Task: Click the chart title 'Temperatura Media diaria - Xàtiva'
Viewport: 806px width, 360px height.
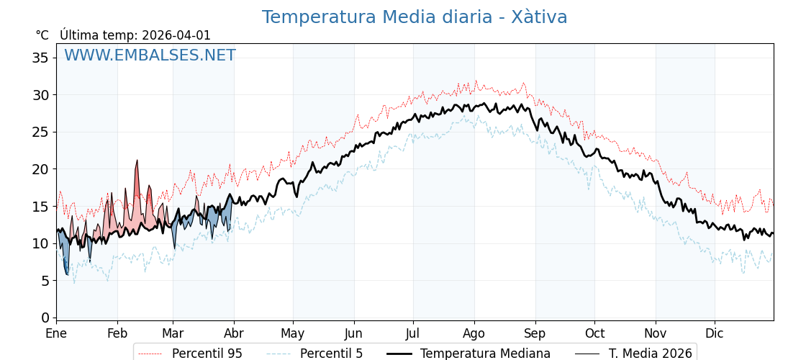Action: [415, 17]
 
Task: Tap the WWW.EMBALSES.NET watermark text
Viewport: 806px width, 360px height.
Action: [150, 55]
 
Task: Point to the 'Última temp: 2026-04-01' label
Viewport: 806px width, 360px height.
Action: [135, 35]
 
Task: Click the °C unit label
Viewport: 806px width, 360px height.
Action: [42, 35]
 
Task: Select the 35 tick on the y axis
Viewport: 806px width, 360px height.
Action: [40, 58]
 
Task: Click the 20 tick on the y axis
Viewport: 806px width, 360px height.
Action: [40, 169]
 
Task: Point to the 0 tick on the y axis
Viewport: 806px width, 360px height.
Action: [45, 318]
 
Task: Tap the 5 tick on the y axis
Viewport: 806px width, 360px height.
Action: [45, 281]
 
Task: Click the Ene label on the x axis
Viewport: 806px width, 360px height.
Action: [56, 334]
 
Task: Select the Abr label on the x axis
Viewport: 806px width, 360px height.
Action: [234, 334]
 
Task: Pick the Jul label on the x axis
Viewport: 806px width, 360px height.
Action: [413, 334]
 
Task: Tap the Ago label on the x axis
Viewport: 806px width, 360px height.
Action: [474, 334]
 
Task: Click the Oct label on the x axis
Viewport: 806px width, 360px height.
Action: [594, 334]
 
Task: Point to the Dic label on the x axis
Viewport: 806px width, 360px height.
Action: [715, 334]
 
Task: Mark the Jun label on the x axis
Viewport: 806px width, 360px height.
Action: [353, 334]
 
